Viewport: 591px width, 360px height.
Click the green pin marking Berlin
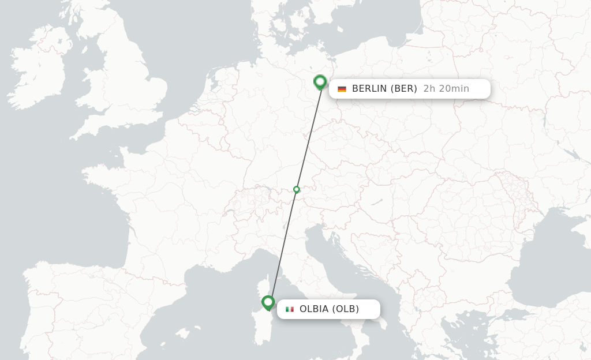tap(320, 82)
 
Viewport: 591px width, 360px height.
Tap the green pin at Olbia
tap(268, 302)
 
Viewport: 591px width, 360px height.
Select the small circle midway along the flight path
tap(297, 189)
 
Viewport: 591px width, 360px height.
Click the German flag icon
tap(342, 89)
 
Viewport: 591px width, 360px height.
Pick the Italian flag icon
tap(290, 309)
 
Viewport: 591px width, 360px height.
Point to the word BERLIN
tap(369, 89)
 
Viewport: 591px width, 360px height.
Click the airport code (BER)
tap(403, 89)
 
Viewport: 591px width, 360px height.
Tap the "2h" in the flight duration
tap(429, 89)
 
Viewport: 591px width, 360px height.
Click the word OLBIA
tap(315, 309)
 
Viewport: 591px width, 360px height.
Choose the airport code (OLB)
tap(346, 309)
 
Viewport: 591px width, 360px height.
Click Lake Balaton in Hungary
tap(376, 202)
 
